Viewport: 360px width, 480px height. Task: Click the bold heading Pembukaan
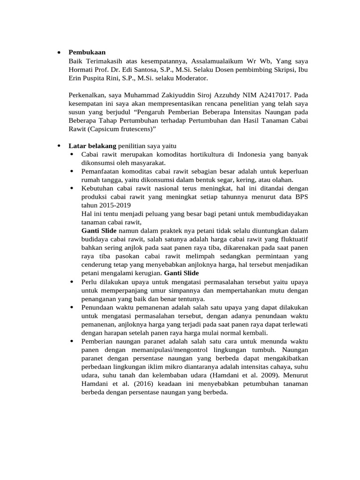87,52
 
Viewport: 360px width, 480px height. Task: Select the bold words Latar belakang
92,146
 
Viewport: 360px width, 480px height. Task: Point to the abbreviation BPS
300,196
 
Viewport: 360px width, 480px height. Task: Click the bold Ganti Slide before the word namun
99,231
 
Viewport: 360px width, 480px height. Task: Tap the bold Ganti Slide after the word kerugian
181,273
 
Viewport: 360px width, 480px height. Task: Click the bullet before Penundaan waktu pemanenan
72,307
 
